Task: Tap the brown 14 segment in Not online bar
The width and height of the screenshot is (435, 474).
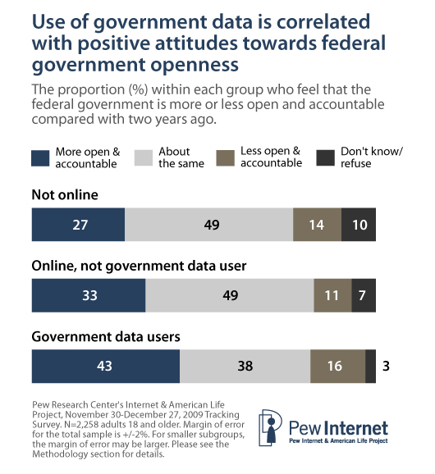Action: point(316,225)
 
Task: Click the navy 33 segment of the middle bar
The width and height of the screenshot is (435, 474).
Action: point(88,294)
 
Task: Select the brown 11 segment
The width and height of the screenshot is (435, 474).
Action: point(332,294)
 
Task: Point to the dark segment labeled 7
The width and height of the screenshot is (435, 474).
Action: point(364,294)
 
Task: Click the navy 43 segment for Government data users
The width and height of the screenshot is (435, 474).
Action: point(105,366)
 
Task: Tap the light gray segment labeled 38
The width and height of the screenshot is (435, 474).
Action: point(245,366)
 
